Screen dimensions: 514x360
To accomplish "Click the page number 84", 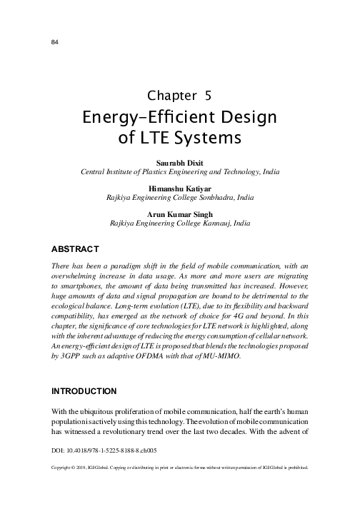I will click(54, 42).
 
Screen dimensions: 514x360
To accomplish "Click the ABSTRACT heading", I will click(75, 249).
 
